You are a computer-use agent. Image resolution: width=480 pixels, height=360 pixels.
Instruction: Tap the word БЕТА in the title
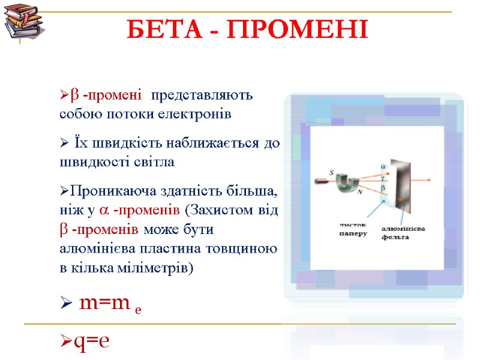tap(157, 29)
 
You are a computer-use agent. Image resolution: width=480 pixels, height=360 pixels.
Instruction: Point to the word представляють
tap(202, 95)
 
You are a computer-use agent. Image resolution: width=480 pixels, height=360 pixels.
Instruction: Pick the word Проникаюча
tap(110, 192)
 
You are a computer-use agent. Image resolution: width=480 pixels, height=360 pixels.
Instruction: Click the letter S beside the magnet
tap(331, 172)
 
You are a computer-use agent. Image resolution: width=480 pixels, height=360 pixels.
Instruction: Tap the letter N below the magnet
tap(359, 193)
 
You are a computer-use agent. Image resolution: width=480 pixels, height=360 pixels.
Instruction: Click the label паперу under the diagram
tap(353, 234)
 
